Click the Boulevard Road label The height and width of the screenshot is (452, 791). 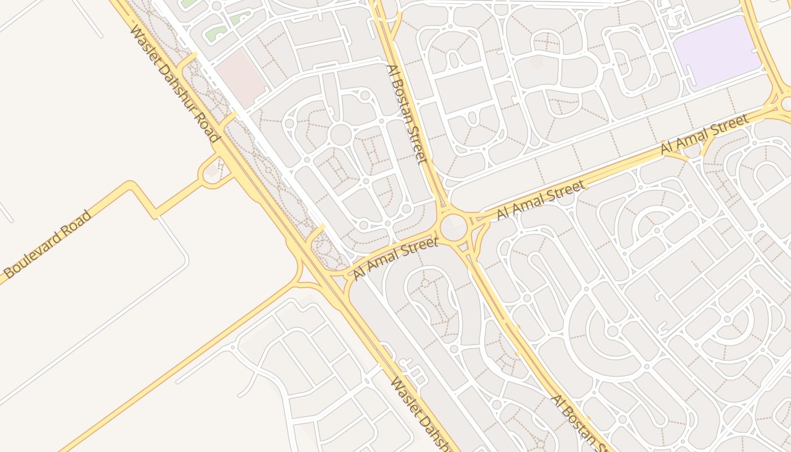point(47,244)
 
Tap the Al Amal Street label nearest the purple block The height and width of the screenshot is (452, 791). point(705,134)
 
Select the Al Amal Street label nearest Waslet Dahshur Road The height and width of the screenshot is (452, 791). point(395,258)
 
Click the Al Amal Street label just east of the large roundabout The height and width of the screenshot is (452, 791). point(540,200)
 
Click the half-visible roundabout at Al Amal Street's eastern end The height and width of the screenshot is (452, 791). point(786,103)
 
